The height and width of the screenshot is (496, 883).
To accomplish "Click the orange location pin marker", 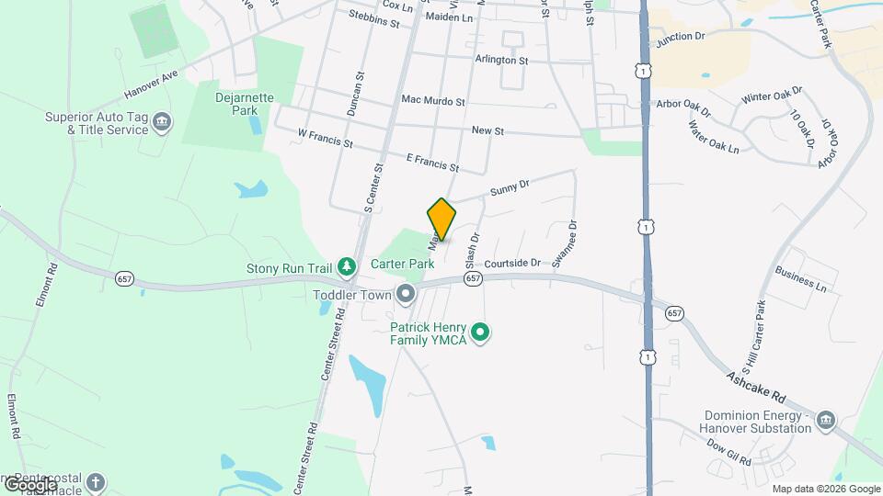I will tap(441, 220).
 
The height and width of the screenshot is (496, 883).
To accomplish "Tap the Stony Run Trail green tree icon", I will tap(347, 267).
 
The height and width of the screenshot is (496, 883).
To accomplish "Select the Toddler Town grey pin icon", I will tap(406, 294).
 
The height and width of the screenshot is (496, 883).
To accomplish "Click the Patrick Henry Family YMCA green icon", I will tap(479, 333).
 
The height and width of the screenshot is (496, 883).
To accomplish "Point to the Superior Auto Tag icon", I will tap(162, 122).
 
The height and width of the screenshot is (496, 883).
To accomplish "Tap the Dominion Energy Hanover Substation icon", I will tap(825, 421).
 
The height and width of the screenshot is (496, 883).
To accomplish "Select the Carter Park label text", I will tap(402, 264).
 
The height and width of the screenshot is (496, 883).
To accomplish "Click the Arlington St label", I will tap(501, 60).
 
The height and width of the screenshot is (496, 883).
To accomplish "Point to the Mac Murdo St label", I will tap(433, 100).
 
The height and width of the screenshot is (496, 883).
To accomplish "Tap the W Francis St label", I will tap(326, 139).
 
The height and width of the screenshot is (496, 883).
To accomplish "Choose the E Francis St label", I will tap(432, 163).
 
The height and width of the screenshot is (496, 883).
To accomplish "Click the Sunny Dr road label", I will tap(510, 187).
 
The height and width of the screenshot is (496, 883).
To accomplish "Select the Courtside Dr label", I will tap(513, 263).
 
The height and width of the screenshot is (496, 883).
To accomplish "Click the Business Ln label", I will tap(801, 279).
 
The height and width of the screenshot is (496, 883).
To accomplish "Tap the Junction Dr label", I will tap(680, 37).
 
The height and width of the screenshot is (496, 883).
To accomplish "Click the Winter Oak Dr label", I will tap(773, 95).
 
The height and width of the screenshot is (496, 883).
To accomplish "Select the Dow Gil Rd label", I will tap(731, 449).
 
